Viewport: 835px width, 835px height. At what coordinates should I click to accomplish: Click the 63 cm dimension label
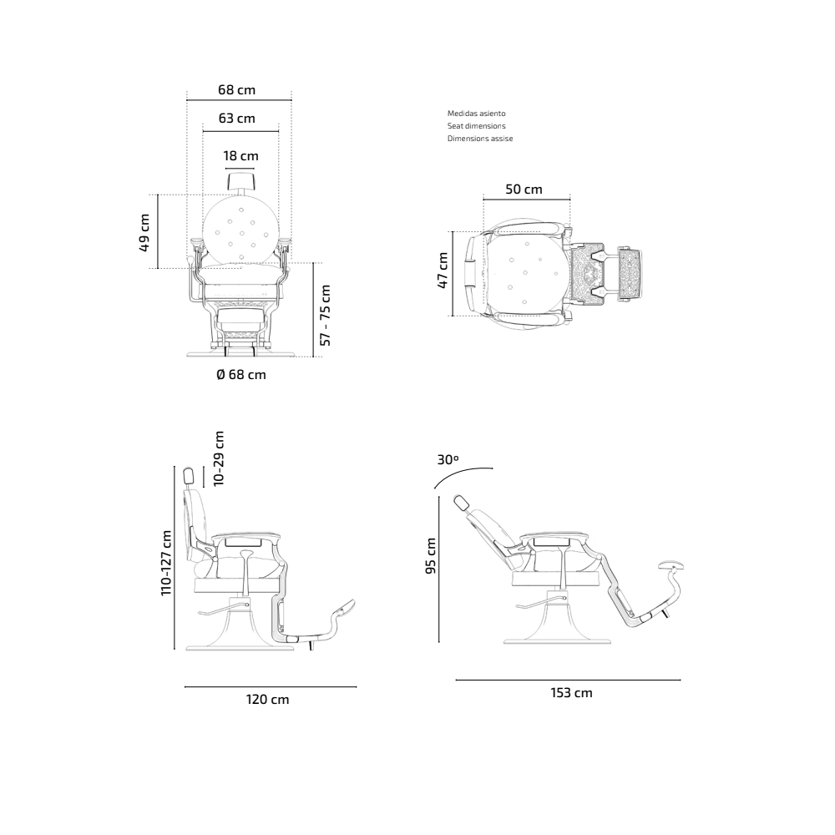coord(236,118)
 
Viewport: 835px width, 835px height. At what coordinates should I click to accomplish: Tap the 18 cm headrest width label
coord(240,155)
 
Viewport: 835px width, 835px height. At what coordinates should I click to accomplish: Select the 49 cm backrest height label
coord(144,233)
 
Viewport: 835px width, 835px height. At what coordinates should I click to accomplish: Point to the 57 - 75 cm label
coord(325,316)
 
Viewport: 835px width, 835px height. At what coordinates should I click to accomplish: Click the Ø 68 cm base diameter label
coord(241,374)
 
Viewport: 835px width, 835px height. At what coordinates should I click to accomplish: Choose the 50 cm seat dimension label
coord(524,189)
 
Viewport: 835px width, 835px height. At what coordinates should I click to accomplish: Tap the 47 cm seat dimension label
coord(442,271)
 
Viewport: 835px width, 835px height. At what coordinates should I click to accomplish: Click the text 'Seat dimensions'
coord(476,126)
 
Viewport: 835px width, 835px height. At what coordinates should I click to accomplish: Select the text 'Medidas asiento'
coord(476,113)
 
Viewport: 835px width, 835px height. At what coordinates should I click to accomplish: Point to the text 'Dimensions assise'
coord(480,139)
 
